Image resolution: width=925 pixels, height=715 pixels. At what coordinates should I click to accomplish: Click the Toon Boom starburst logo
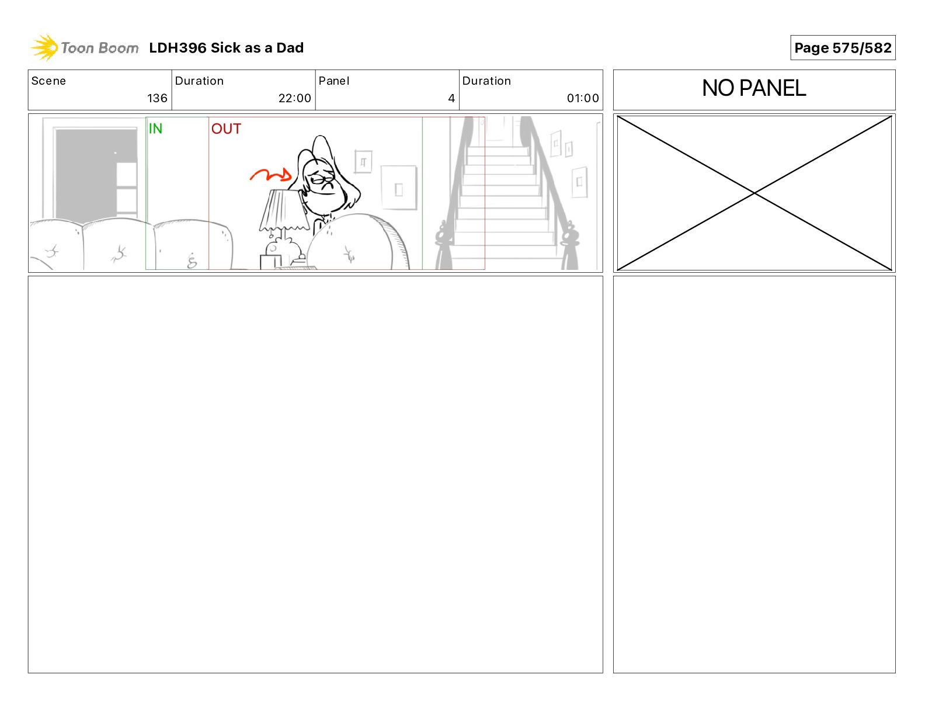(x=44, y=48)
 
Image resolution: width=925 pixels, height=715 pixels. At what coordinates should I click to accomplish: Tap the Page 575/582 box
(x=843, y=48)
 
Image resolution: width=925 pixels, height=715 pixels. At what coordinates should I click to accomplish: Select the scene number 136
(x=157, y=98)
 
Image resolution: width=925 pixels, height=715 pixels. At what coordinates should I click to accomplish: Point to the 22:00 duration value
(x=294, y=98)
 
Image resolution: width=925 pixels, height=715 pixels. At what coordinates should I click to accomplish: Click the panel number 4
(x=451, y=98)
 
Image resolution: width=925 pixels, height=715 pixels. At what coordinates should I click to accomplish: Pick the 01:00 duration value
(x=583, y=98)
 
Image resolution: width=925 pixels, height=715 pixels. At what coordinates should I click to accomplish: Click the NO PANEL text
(x=754, y=88)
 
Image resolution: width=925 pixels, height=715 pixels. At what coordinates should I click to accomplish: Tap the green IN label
(x=155, y=129)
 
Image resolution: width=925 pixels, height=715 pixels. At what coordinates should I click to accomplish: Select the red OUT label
(x=226, y=129)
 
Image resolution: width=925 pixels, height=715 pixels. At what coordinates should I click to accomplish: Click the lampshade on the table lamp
(x=283, y=210)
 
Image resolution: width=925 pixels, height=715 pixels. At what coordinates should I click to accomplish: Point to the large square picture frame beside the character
(x=398, y=188)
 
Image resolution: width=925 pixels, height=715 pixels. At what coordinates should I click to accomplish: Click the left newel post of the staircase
(x=443, y=245)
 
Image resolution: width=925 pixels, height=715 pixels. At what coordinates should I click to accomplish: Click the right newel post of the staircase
(x=569, y=245)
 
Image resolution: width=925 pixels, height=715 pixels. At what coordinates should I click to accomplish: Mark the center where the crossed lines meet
(x=754, y=193)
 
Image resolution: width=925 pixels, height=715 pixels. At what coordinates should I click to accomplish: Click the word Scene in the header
(x=48, y=81)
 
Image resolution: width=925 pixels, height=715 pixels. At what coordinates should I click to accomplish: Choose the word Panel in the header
(x=333, y=81)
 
